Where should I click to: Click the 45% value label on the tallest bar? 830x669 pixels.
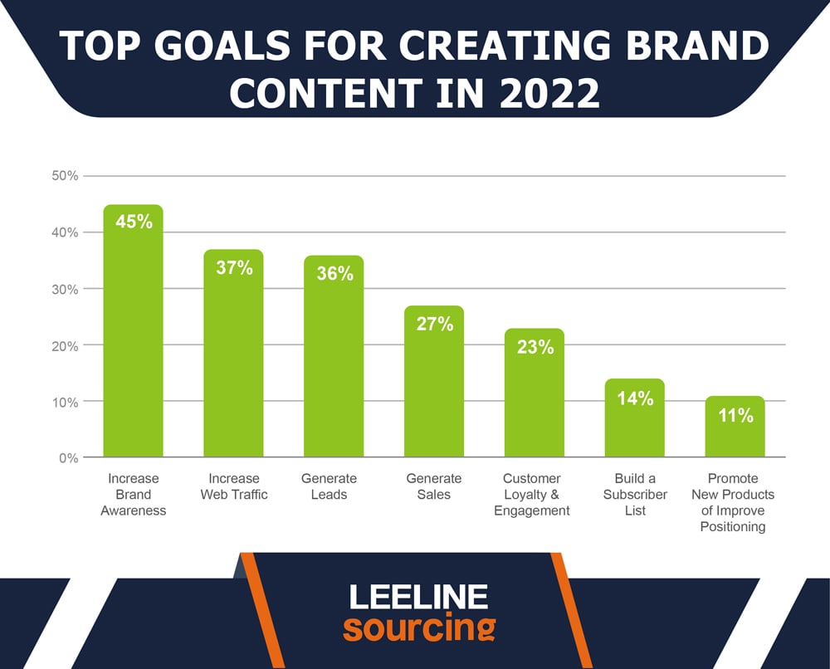pyautogui.click(x=134, y=222)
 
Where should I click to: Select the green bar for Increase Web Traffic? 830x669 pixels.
pyautogui.click(x=233, y=353)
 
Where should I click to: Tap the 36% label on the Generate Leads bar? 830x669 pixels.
pyautogui.click(x=335, y=273)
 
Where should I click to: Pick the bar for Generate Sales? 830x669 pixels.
pyautogui.click(x=434, y=381)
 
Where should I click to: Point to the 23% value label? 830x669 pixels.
pyautogui.click(x=535, y=347)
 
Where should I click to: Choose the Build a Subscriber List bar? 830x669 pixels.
pyautogui.click(x=635, y=418)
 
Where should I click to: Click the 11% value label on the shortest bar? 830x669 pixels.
pyautogui.click(x=735, y=415)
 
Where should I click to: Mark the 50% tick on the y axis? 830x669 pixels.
pyautogui.click(x=65, y=176)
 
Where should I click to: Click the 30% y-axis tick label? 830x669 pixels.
pyautogui.click(x=65, y=289)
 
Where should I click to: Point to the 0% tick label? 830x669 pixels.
pyautogui.click(x=68, y=458)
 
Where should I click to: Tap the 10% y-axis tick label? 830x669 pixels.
pyautogui.click(x=65, y=403)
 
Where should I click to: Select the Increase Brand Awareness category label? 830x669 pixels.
pyautogui.click(x=134, y=495)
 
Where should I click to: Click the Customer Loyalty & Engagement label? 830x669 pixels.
pyautogui.click(x=532, y=495)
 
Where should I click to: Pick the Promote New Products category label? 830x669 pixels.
pyautogui.click(x=733, y=502)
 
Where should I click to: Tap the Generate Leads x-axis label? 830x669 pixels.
pyautogui.click(x=329, y=486)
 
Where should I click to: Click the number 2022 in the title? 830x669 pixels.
pyautogui.click(x=549, y=93)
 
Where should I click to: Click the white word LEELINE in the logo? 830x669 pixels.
pyautogui.click(x=418, y=597)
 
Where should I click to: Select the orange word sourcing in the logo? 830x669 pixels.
pyautogui.click(x=419, y=627)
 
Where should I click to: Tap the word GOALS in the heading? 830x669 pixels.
pyautogui.click(x=222, y=45)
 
